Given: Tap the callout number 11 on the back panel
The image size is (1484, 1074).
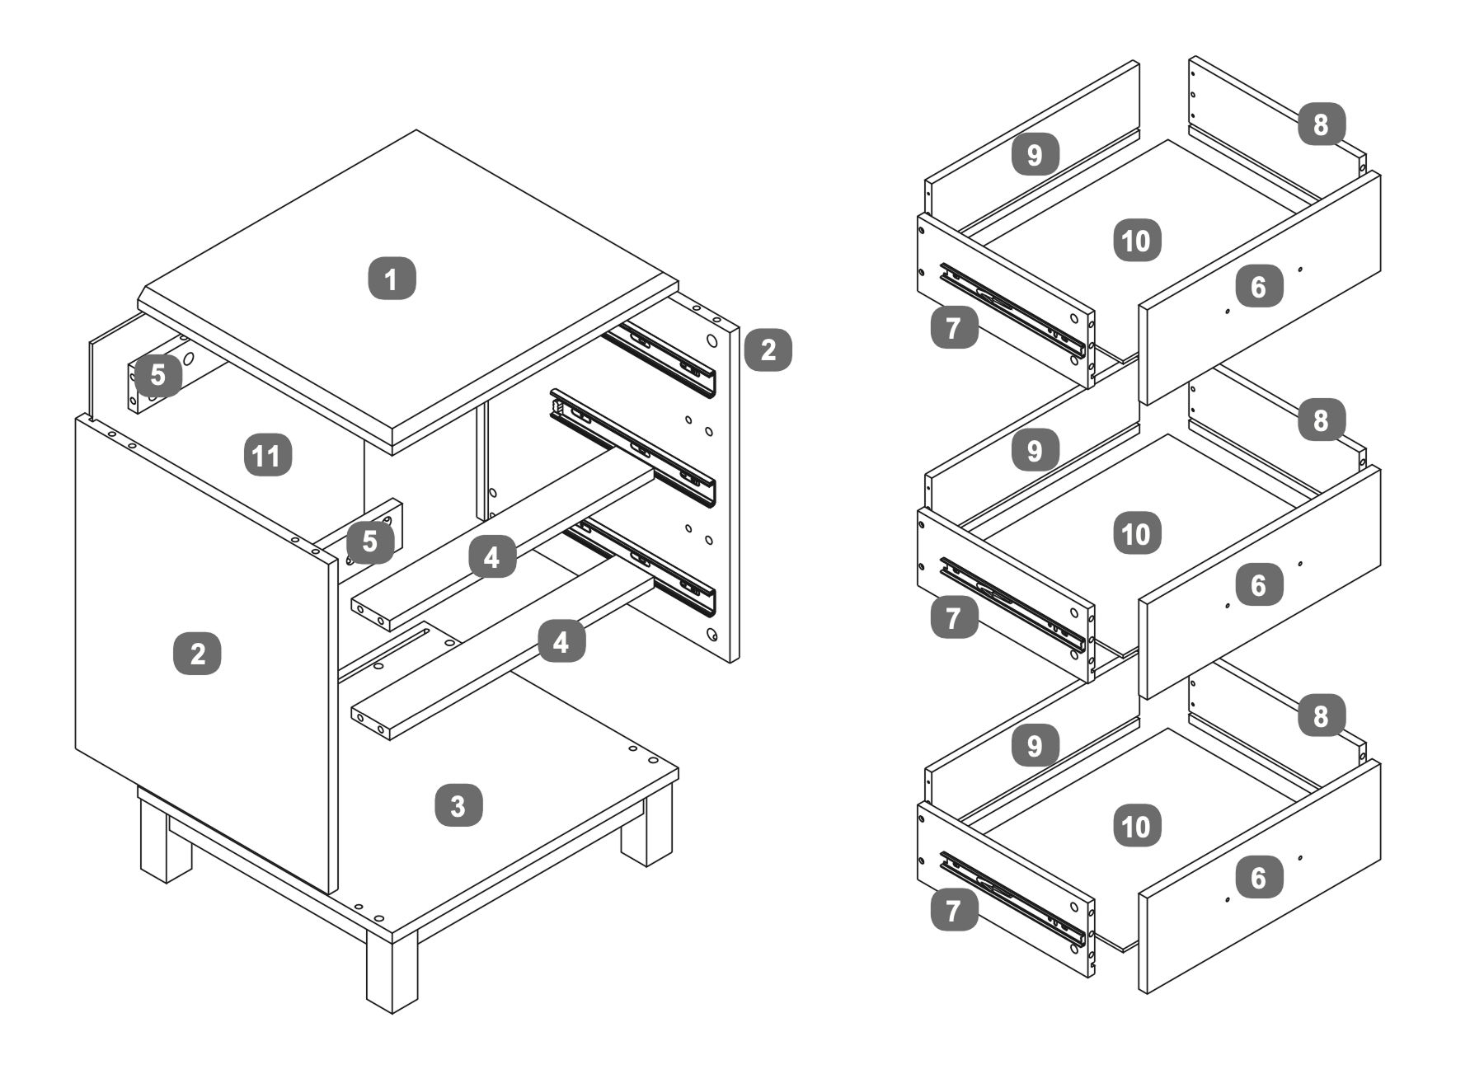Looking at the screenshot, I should tap(268, 455).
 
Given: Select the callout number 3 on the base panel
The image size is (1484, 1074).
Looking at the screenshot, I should tap(458, 805).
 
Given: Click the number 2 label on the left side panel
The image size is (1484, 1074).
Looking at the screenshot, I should tap(198, 654).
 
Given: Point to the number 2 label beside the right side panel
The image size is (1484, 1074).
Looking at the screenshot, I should tap(768, 349).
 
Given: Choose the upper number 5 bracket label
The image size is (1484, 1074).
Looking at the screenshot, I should tap(157, 375).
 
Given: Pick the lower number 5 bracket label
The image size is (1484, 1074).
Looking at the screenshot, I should tap(369, 542).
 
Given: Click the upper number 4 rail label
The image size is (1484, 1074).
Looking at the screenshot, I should tap(492, 558).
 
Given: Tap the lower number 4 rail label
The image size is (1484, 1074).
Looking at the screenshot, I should tap(561, 641).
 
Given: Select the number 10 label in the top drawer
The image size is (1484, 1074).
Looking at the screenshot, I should tap(1136, 241).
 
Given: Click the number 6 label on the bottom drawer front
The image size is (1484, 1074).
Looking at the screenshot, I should tap(1258, 878).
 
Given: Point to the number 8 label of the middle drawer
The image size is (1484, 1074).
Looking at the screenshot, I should tap(1321, 420).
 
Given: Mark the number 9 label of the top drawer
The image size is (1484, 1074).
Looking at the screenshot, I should tap(1035, 155).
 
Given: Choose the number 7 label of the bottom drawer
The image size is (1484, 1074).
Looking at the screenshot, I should tap(954, 911).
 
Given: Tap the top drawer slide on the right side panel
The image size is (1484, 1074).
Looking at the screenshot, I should tap(660, 358).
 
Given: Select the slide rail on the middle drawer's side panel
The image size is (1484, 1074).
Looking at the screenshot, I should tap(1012, 603).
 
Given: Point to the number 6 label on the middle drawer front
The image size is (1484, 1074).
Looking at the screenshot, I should tap(1258, 584).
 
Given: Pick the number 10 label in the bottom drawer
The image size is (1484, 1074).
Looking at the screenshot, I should tap(1136, 826).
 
